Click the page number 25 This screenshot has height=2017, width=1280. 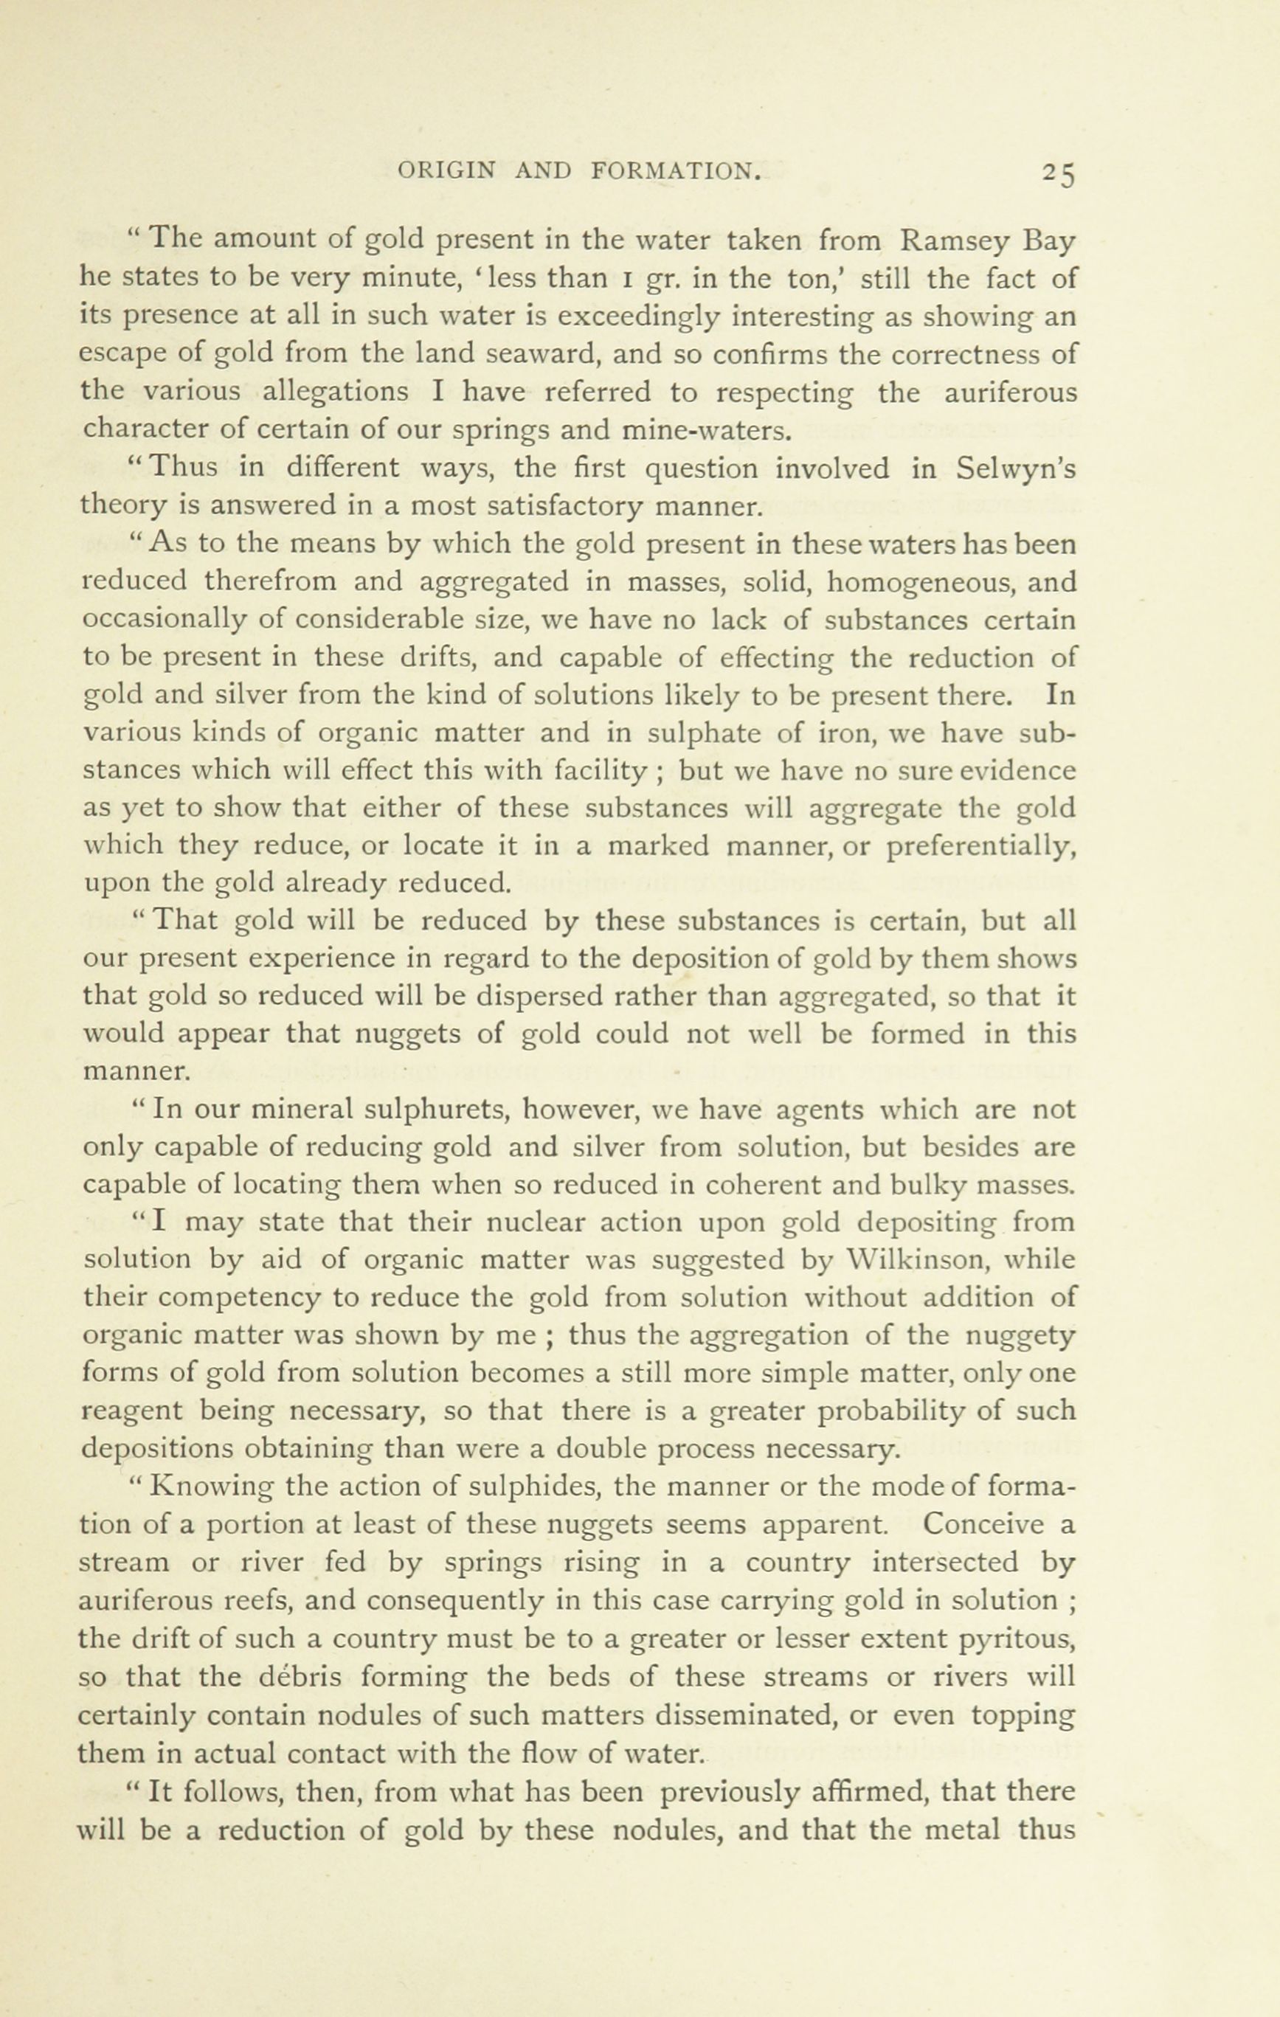click(x=1059, y=173)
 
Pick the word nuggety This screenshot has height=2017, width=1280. click(x=1020, y=1336)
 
